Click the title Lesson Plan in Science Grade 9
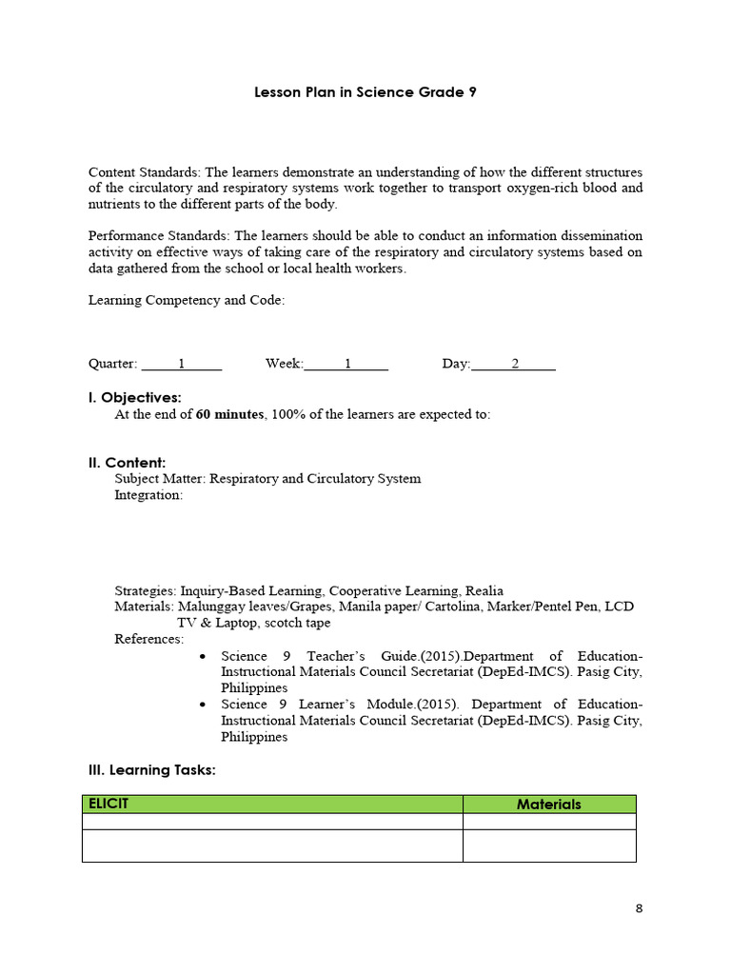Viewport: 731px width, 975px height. (365, 92)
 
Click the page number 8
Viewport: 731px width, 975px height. (639, 908)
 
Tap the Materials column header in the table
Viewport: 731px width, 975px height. (548, 805)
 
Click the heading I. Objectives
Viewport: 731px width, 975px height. (134, 397)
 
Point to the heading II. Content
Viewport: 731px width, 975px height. (127, 463)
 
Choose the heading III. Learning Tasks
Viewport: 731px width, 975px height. (151, 769)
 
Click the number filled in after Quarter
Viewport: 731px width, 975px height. (181, 364)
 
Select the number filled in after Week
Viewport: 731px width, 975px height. (347, 364)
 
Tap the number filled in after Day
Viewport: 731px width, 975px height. (515, 364)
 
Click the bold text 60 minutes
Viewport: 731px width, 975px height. (229, 414)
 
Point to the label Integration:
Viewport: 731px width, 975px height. (148, 495)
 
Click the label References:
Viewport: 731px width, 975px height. (149, 639)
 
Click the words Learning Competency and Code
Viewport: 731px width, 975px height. (186, 300)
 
